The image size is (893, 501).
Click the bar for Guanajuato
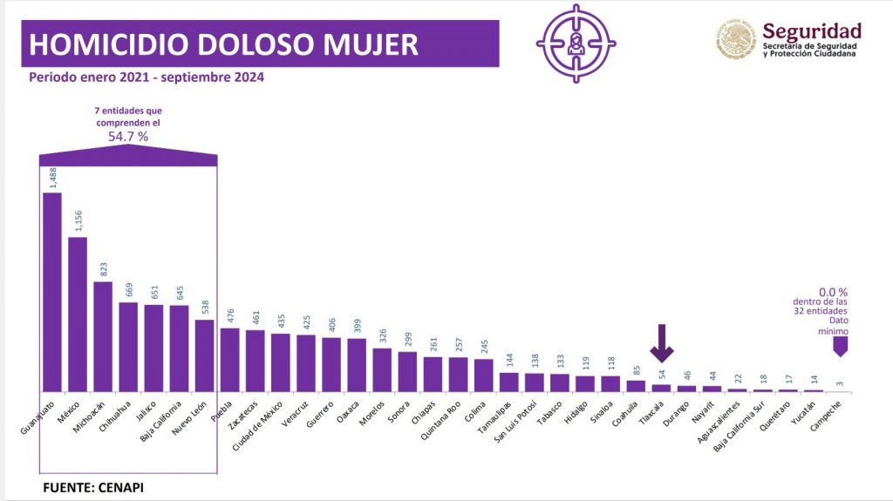point(52,292)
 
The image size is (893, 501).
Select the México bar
point(78,314)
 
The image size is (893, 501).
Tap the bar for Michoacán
point(103,336)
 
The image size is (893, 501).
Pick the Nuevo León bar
point(204,355)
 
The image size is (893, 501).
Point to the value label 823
point(104,268)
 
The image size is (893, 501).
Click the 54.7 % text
point(129,138)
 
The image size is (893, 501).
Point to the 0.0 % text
point(834,293)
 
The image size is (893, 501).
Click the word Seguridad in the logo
point(811,32)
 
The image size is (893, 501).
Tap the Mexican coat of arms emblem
point(737,40)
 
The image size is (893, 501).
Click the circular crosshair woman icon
point(576,43)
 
